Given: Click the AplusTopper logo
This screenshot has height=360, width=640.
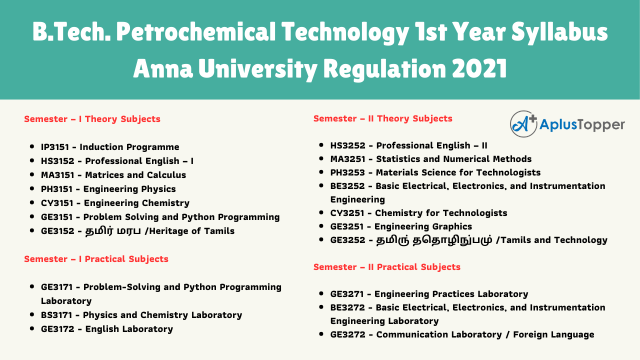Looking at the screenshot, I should click(x=567, y=124).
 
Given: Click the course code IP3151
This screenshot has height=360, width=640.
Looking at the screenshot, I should click(x=57, y=147).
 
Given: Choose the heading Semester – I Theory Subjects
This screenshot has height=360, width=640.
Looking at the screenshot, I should click(x=92, y=119).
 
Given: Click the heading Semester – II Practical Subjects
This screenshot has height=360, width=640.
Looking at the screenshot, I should click(x=386, y=267).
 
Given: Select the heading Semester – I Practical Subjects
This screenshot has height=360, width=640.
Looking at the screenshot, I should click(x=96, y=259).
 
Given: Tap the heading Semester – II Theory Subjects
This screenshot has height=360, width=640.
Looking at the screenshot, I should click(x=382, y=118).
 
